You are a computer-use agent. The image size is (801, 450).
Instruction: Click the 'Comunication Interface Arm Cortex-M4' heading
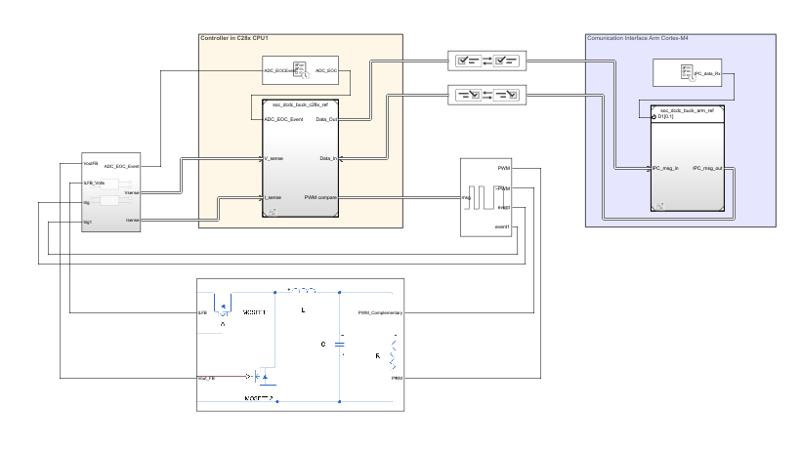click(636, 39)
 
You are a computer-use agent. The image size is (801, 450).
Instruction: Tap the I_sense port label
click(274, 197)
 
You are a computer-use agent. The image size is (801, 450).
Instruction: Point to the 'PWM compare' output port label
click(320, 197)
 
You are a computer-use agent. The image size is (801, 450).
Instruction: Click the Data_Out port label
click(327, 119)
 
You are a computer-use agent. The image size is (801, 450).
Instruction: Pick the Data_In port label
click(328, 158)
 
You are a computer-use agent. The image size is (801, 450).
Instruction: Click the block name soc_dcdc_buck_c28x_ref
click(300, 102)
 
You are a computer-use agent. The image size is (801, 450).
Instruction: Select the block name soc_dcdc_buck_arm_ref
click(687, 110)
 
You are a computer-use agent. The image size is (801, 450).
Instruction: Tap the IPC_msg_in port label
click(665, 168)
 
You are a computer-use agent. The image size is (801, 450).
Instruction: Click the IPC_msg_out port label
click(707, 168)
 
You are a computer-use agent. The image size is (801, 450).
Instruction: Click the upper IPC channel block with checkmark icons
click(486, 61)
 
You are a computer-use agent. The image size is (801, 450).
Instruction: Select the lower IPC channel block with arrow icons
click(486, 95)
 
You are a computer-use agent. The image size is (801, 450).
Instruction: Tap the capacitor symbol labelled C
click(339, 344)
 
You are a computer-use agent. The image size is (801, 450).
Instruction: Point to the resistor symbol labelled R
click(395, 351)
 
